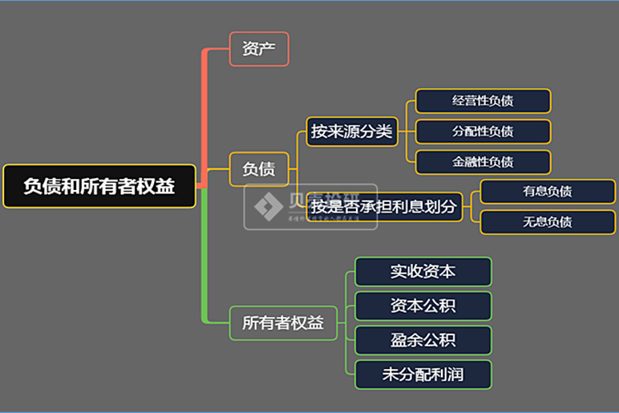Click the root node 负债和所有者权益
[99, 186]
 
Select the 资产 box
[258, 49]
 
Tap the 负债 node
[258, 168]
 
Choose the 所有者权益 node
[283, 323]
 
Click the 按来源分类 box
[352, 132]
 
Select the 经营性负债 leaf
[483, 101]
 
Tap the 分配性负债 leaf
[483, 132]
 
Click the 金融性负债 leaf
[483, 162]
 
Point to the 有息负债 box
[547, 192]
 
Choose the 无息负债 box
[547, 221]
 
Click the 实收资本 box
[423, 271]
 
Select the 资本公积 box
[423, 306]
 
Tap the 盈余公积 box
[423, 340]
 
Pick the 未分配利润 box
[423, 375]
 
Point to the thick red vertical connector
[204, 112]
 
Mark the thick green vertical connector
[204, 257]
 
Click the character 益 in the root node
[165, 186]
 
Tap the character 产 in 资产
[268, 49]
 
